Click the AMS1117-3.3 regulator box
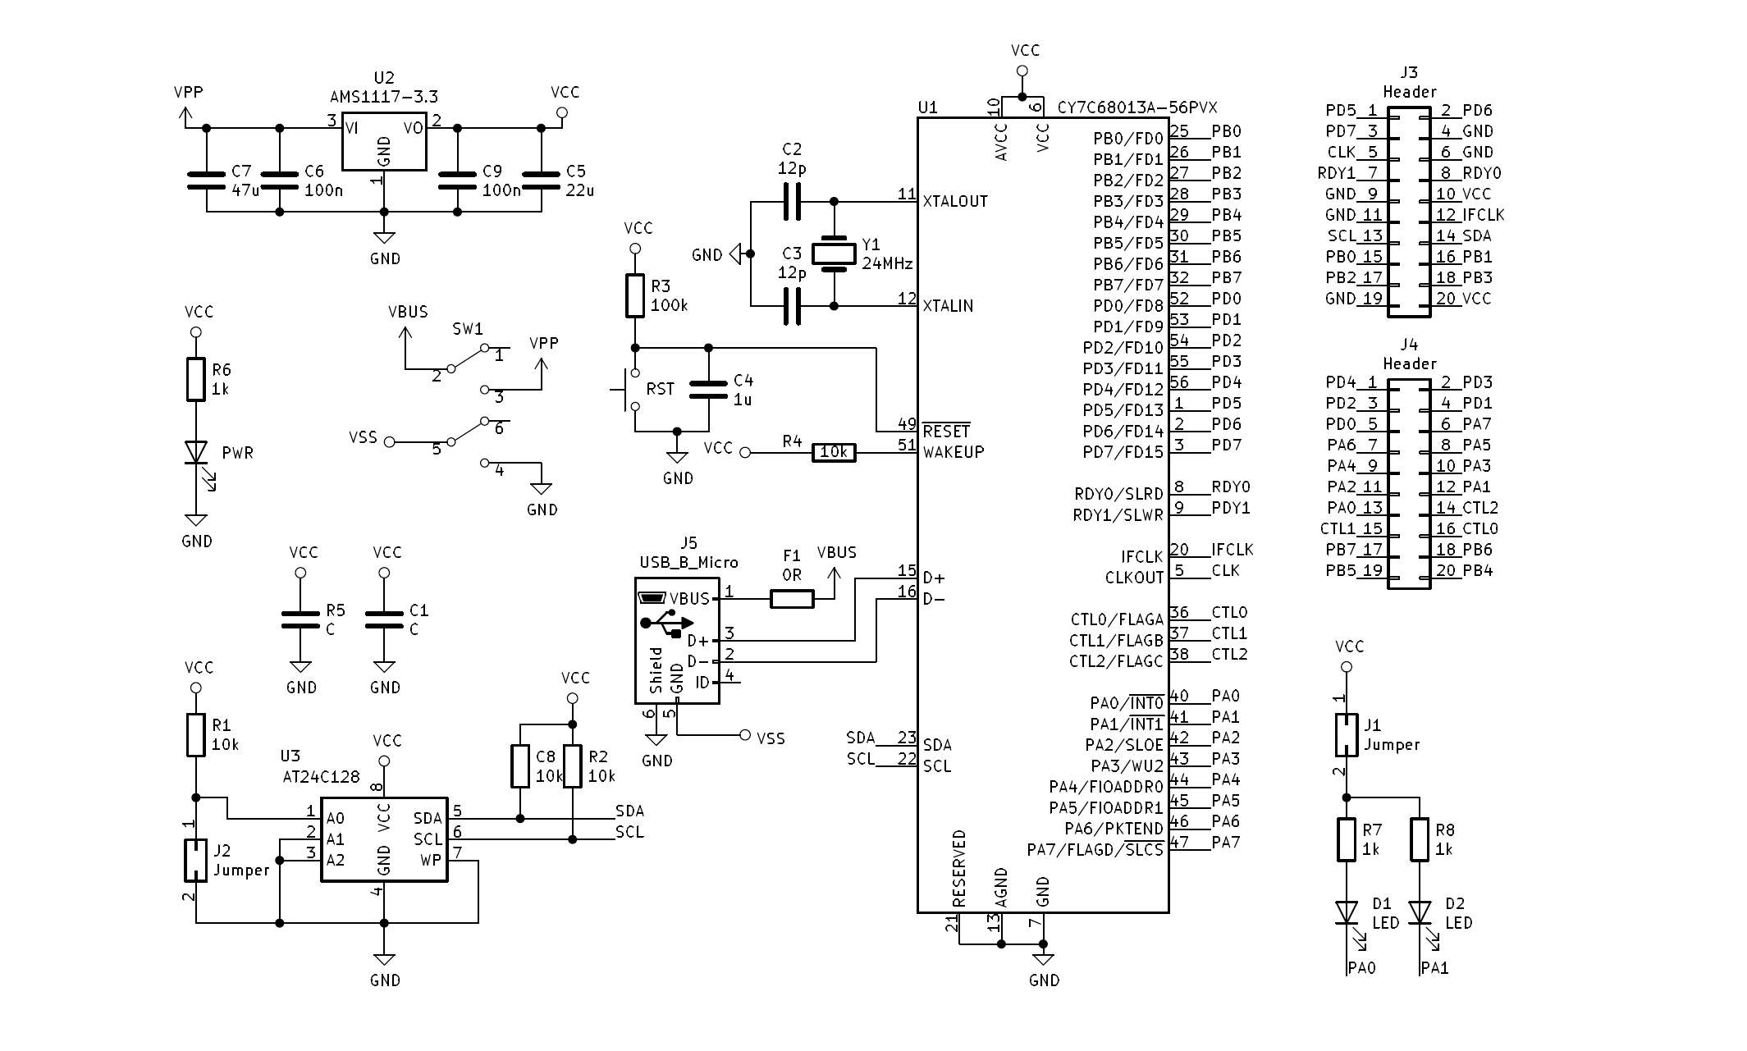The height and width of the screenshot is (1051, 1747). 384,141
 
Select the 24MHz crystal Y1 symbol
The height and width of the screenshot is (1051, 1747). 834,254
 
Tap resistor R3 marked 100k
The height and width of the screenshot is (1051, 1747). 635,296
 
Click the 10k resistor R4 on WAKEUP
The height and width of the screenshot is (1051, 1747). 834,452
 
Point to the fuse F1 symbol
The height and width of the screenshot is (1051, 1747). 792,599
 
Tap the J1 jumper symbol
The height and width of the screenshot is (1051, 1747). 1346,734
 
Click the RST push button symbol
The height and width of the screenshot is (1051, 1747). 631,389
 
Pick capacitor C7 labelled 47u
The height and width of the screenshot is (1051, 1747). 206,180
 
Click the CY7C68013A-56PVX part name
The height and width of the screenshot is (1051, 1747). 1137,107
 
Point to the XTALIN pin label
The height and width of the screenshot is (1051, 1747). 948,306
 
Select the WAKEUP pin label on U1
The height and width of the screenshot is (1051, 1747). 954,452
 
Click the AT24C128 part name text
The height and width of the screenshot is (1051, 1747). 321,777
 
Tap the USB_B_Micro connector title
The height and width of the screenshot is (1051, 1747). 688,563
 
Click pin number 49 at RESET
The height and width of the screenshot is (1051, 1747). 907,424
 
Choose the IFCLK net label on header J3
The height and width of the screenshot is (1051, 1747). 1483,215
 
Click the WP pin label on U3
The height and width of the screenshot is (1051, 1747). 431,860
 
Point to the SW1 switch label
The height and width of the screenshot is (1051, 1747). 468,329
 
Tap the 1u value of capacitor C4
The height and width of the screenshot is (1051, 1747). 743,400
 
